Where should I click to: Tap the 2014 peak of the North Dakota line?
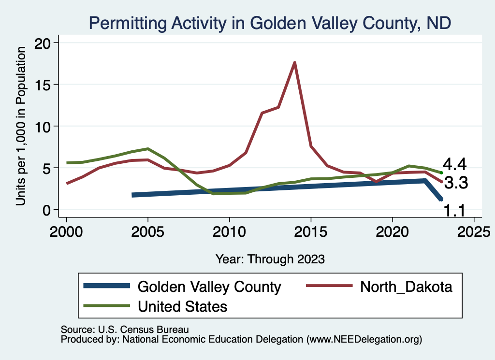tap(294, 62)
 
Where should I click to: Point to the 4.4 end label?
tap(454, 165)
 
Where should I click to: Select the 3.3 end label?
tap(456, 183)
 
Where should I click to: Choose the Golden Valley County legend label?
tap(209, 287)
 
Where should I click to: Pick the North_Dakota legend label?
tap(406, 287)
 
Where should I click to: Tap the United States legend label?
tap(182, 306)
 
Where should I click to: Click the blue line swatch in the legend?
tap(106, 286)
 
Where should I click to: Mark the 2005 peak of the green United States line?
tap(148, 149)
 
